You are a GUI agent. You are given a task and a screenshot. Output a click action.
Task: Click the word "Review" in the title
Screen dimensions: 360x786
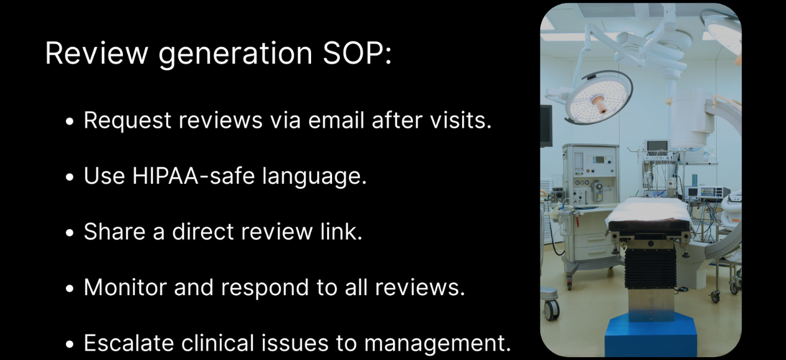[96, 53]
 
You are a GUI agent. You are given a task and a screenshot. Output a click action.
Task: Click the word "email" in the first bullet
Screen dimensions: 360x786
[337, 120]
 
